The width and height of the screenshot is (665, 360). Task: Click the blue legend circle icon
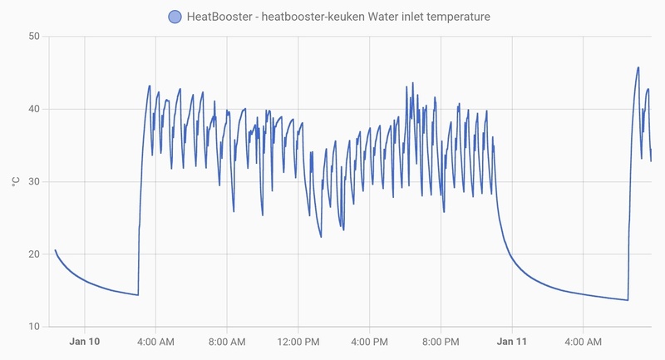(174, 17)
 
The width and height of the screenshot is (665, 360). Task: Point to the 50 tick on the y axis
(33, 37)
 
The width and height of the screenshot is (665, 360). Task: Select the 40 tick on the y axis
(33, 109)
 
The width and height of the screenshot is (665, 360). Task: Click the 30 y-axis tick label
(33, 181)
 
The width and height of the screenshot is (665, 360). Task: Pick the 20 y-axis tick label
(33, 254)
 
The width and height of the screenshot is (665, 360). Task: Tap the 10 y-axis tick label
(33, 326)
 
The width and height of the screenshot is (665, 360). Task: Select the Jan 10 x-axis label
(84, 342)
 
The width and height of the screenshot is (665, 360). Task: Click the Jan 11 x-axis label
(512, 342)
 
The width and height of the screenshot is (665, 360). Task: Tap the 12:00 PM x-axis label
(298, 342)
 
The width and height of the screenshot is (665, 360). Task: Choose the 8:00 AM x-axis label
(227, 342)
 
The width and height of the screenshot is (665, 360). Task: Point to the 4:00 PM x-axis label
(369, 342)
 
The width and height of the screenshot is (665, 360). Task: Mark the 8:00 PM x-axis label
(441, 342)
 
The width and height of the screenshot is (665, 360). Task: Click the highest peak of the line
(638, 67)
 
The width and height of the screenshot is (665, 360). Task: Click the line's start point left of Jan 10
(56, 250)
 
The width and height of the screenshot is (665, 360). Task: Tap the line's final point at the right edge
(651, 161)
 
